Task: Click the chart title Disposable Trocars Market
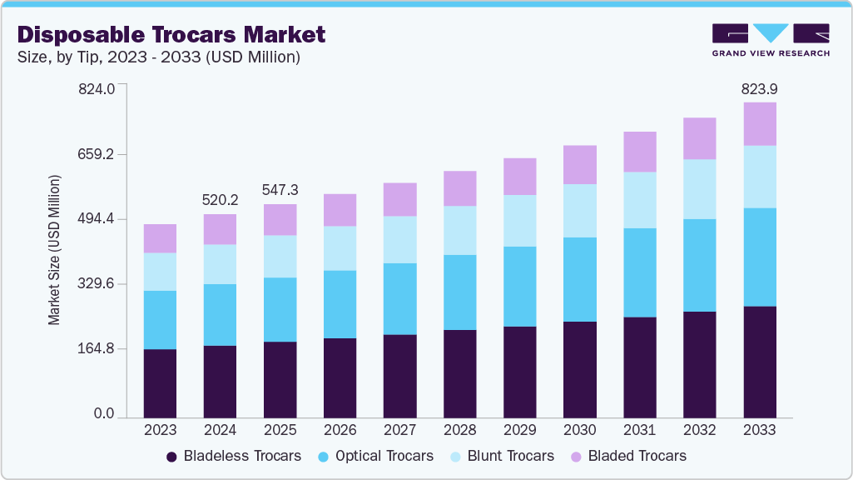[x=171, y=34]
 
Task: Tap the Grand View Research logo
[x=771, y=40]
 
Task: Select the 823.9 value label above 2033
[x=759, y=89]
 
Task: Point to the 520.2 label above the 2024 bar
[x=220, y=200]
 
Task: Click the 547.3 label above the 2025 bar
[x=280, y=190]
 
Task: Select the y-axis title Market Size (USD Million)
[x=55, y=250]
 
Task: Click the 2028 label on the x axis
[x=460, y=430]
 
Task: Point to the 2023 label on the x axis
[x=160, y=430]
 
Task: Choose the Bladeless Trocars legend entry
[x=233, y=456]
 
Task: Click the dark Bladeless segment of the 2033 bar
[x=760, y=362]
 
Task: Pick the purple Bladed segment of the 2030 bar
[x=580, y=164]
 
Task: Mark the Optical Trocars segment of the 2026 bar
[x=340, y=304]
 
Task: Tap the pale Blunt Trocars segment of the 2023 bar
[x=160, y=272]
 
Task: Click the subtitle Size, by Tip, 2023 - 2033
[x=158, y=57]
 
